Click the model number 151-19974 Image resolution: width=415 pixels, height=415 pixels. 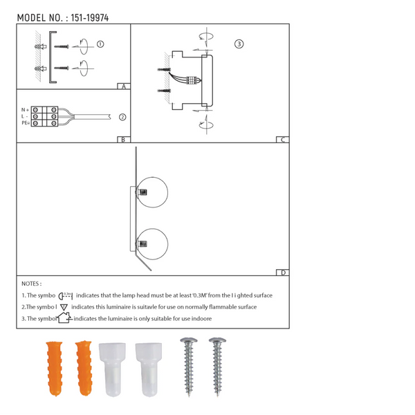click(x=90, y=18)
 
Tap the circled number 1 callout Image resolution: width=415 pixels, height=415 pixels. click(x=100, y=44)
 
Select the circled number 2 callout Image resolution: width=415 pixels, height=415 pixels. click(x=122, y=117)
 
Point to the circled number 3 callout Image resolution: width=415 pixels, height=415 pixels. click(x=239, y=44)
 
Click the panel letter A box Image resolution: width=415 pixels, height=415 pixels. click(x=124, y=86)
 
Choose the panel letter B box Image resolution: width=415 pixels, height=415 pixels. click(x=124, y=140)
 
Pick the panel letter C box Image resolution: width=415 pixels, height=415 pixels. click(x=282, y=140)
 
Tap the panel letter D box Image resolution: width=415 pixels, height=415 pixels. click(x=282, y=273)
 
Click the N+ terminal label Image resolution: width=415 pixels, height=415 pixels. click(x=25, y=109)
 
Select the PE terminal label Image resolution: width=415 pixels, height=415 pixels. click(x=25, y=123)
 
